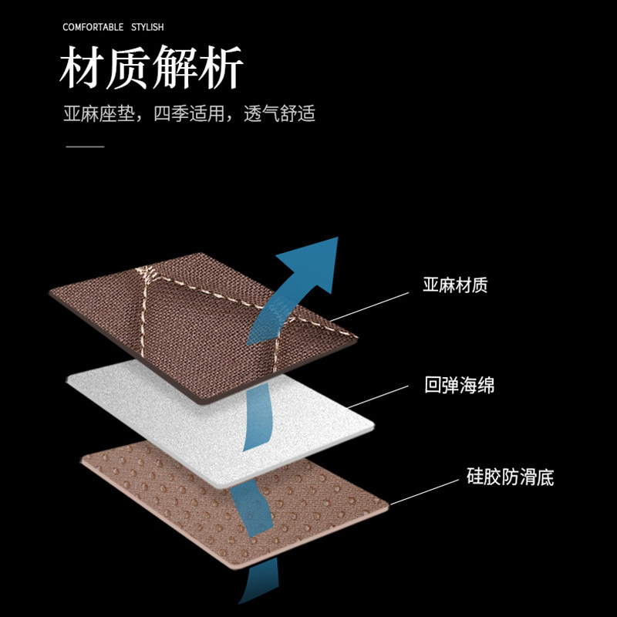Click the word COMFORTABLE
93,28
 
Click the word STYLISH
147,28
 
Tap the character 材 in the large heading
83,69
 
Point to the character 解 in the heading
175,69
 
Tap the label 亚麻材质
455,285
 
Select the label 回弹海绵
459,385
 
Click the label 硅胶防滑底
510,477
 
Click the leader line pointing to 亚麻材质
370,306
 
